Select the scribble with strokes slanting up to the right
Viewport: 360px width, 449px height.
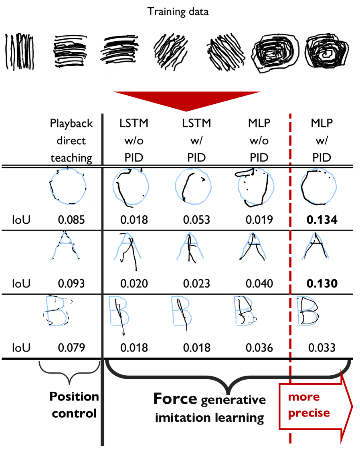click(x=170, y=52)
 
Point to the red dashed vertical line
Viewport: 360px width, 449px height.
click(x=290, y=281)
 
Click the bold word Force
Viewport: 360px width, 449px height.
click(x=175, y=399)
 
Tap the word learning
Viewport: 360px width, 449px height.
click(x=243, y=418)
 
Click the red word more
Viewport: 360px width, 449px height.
click(x=304, y=397)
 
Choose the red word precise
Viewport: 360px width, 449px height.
click(x=309, y=413)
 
